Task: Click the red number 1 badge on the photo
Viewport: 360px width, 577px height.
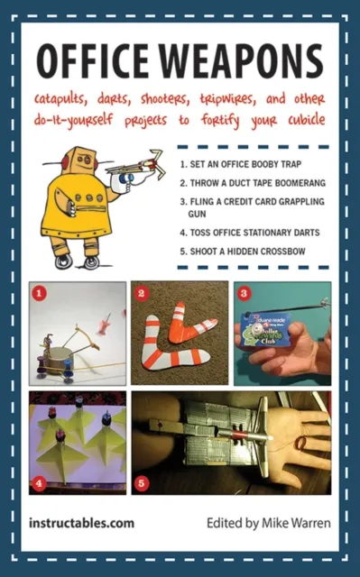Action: pos(38,293)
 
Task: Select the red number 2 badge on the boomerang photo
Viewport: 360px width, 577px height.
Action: pos(141,293)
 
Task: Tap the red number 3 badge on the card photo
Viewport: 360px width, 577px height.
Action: pos(243,292)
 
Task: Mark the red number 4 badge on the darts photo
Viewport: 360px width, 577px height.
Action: pos(38,483)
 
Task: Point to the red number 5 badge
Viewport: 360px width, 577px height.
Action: pos(141,483)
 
